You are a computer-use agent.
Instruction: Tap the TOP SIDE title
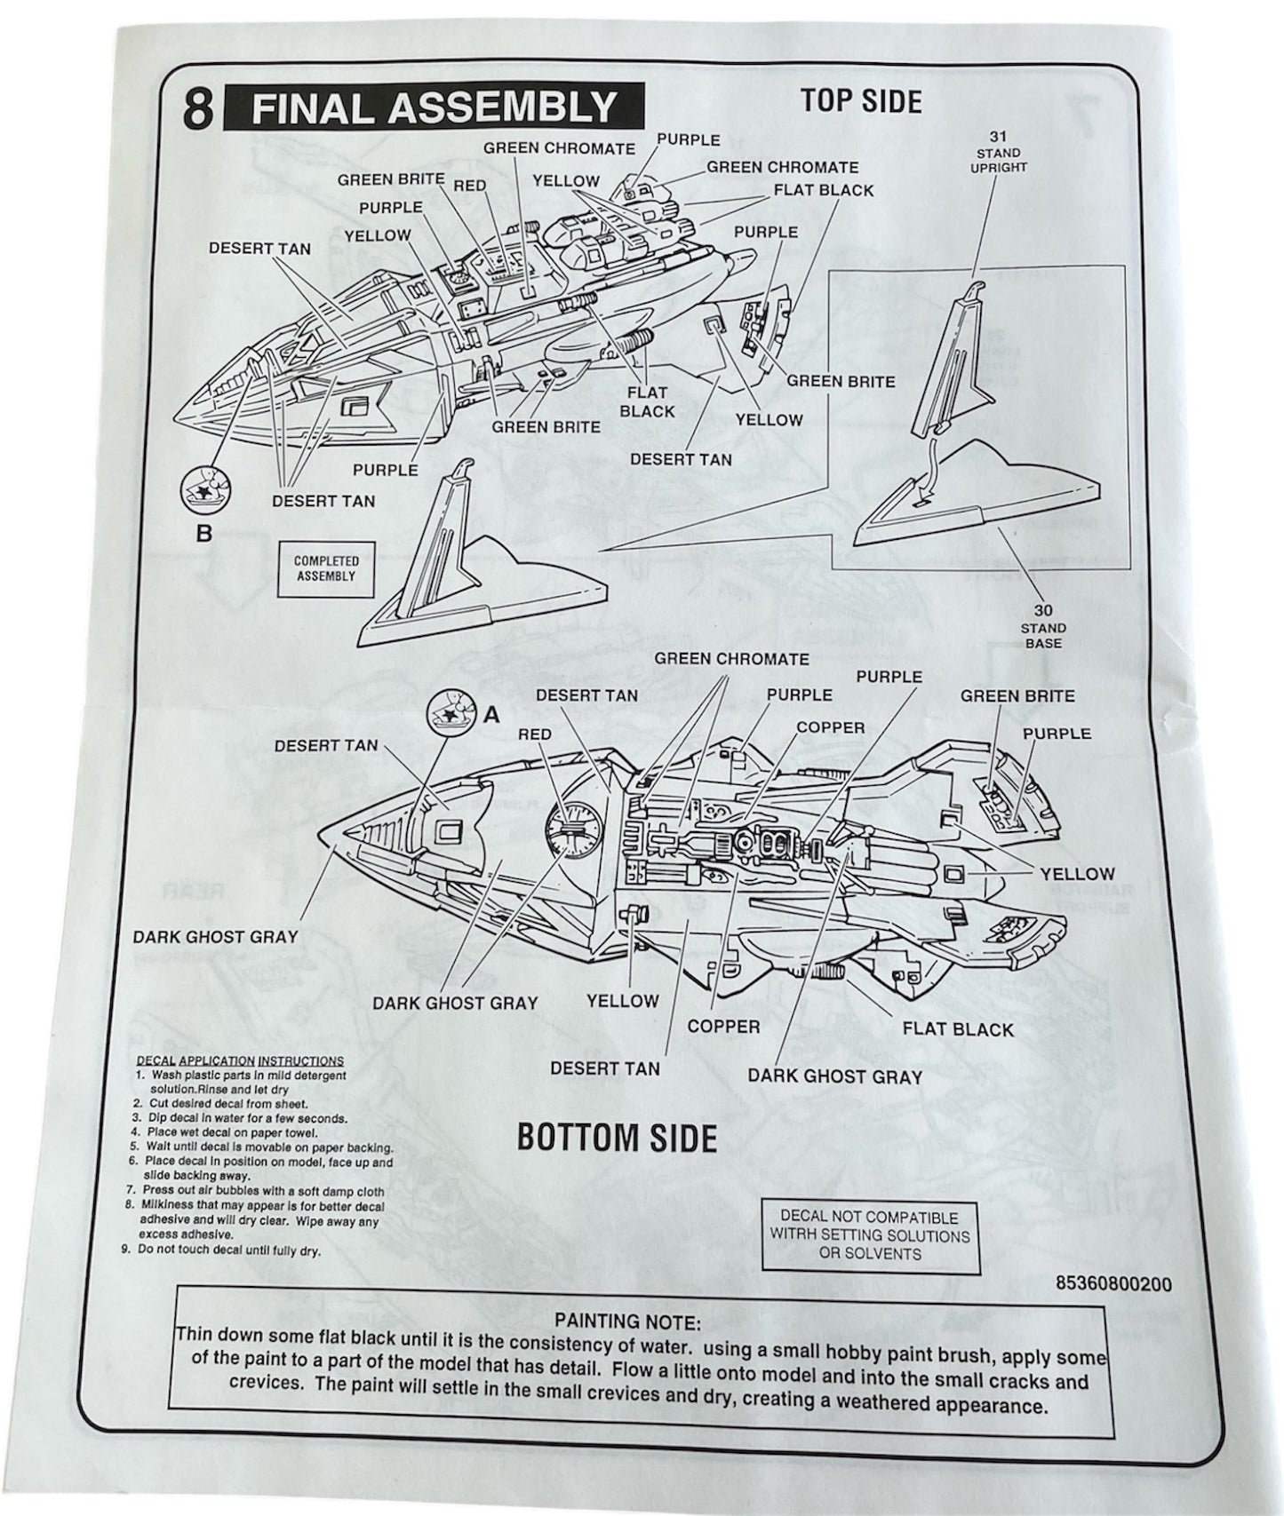coord(860,101)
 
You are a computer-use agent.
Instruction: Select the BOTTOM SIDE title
coord(617,1138)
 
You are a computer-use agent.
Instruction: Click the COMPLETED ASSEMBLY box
coord(326,568)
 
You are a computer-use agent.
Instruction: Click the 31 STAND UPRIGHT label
coord(999,152)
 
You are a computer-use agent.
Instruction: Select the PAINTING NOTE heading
coord(627,1322)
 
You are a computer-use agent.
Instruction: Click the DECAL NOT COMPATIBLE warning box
coord(870,1235)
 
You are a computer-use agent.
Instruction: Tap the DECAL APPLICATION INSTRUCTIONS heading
coord(240,1060)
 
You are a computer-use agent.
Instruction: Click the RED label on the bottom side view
coord(534,734)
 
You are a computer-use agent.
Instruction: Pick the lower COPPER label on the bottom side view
coord(723,1027)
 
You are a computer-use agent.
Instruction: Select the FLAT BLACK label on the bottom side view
coord(957,1029)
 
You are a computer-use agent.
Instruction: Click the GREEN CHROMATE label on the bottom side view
coord(731,659)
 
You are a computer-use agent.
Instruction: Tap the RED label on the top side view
coord(469,186)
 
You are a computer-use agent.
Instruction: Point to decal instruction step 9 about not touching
coord(229,1250)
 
